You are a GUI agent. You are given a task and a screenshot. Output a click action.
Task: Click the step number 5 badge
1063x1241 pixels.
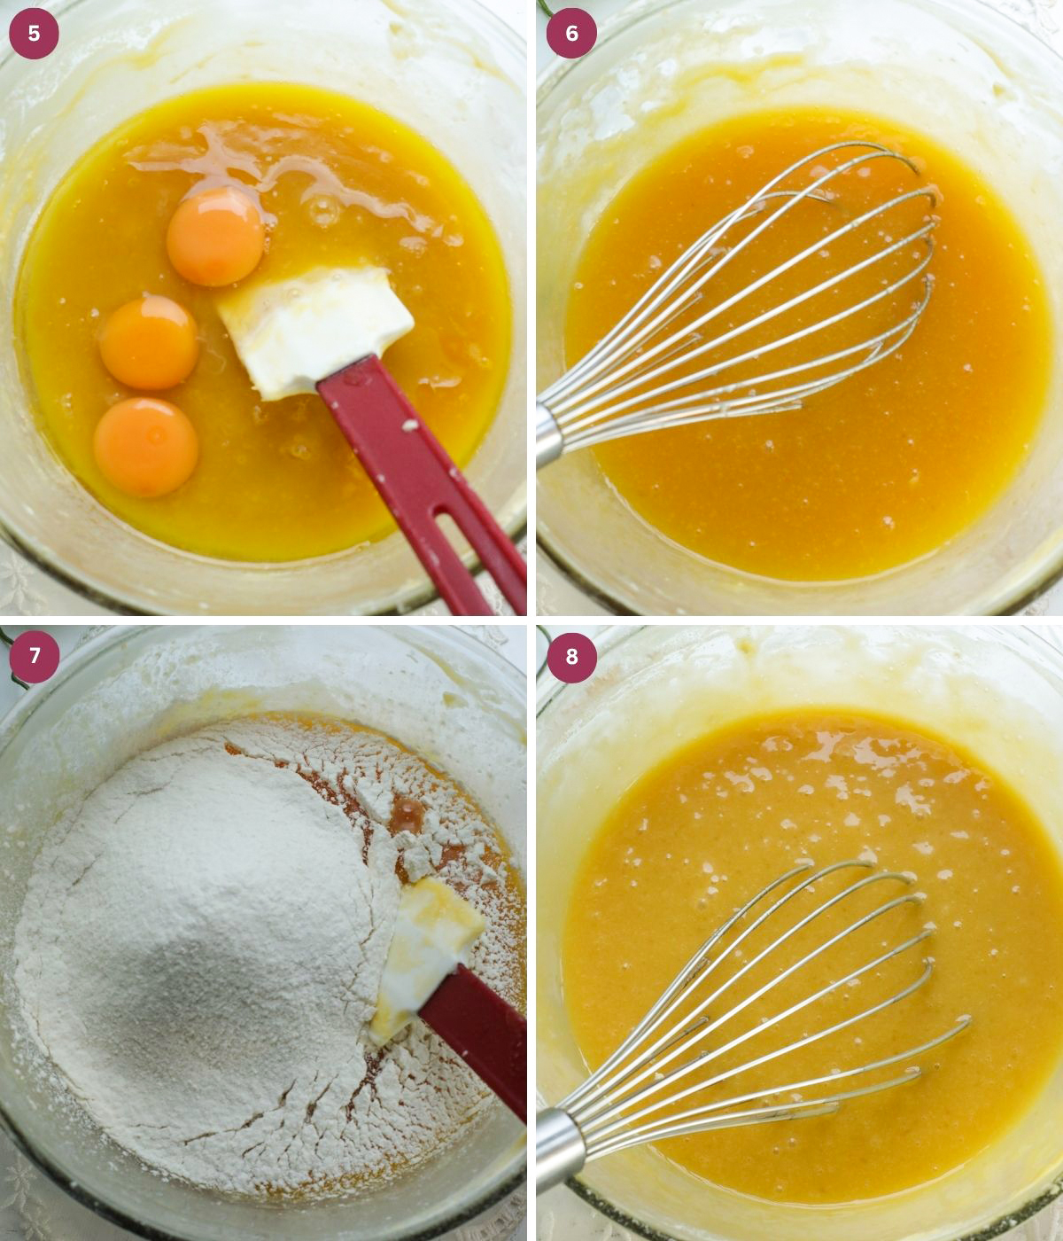34,34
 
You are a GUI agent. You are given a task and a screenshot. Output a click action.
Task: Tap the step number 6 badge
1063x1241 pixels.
571,34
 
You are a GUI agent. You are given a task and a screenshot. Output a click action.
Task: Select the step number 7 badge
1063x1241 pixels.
34,656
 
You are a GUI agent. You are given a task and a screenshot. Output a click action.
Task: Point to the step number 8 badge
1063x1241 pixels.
571,656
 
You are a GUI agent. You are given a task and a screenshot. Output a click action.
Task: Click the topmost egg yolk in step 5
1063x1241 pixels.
215,237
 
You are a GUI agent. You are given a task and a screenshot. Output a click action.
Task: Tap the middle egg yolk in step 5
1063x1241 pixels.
149,343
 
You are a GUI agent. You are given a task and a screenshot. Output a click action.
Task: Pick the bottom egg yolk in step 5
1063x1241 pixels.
145,447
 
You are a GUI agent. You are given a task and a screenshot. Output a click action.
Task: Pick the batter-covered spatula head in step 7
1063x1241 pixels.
425,948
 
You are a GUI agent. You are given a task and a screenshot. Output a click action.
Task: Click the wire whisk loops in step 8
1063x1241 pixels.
780,1002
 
